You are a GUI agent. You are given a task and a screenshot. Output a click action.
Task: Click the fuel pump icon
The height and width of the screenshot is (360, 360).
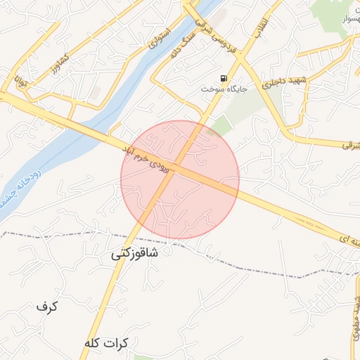[224, 78]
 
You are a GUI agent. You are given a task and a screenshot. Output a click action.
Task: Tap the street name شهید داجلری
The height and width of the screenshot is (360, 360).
[266, 83]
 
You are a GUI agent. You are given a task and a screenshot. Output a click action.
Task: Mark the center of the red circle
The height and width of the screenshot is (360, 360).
[180, 180]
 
